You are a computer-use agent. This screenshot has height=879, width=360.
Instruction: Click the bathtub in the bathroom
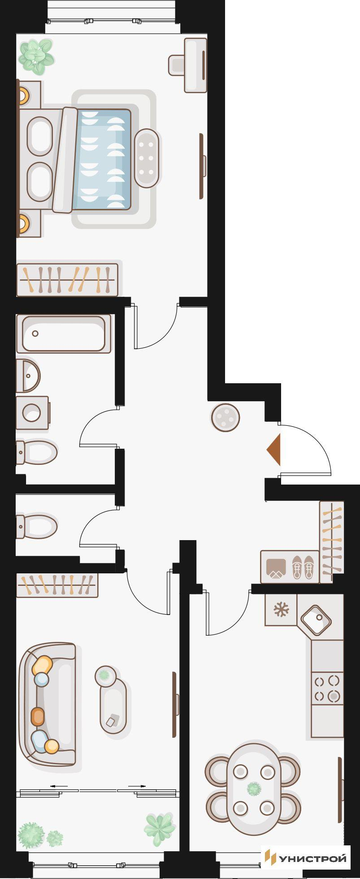(64, 333)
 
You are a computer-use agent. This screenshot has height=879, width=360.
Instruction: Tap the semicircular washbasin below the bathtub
(28, 375)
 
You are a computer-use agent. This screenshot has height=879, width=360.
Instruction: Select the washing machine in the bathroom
(32, 412)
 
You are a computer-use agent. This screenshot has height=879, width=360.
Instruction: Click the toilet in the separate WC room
(37, 526)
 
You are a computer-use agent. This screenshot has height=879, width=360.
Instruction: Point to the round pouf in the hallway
(226, 417)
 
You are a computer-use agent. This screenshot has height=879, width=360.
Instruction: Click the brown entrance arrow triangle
(274, 450)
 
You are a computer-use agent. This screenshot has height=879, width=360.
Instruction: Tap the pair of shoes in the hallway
(303, 567)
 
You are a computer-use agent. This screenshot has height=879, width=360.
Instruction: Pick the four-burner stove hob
(327, 688)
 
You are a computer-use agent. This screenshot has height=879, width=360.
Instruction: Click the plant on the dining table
(254, 788)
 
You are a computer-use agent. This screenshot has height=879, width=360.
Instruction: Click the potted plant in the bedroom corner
(36, 56)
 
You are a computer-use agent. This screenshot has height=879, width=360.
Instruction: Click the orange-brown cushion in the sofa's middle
(38, 716)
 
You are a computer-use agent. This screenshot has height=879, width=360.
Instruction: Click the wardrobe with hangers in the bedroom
(67, 280)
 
